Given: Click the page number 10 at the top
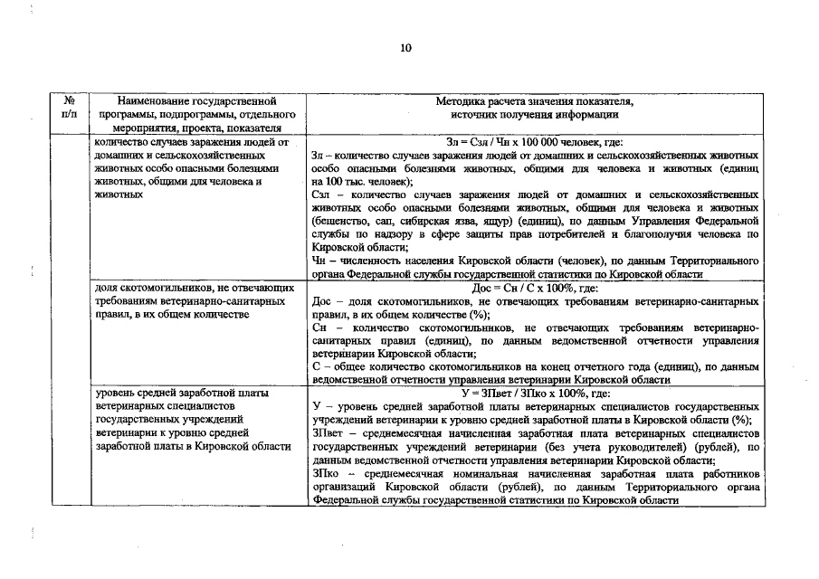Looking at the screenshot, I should pos(405,48).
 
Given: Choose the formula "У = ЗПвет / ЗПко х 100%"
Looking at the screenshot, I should pos(535,394).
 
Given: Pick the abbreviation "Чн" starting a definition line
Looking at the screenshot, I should pos(319,261).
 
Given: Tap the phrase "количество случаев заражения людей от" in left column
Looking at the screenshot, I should pos(191,143).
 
